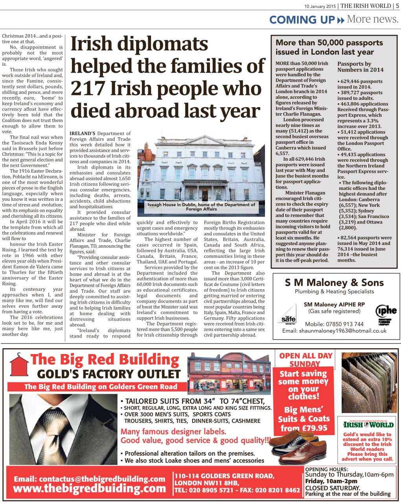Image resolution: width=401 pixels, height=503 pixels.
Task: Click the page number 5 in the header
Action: [x=397, y=6]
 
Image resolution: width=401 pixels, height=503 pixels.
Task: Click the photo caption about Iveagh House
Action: [x=201, y=207]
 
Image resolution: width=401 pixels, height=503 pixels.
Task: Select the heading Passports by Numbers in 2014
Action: [x=361, y=67]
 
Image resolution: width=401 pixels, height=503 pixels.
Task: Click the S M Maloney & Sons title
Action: [x=334, y=282]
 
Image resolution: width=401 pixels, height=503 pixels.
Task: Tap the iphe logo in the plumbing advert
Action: [x=386, y=312]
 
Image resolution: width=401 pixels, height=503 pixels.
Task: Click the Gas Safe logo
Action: [x=289, y=314]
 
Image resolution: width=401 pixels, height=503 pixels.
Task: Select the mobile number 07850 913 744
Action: [x=346, y=324]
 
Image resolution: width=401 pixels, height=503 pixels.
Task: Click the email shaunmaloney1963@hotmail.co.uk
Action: [x=334, y=331]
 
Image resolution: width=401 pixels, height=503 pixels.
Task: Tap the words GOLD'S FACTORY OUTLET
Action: [x=109, y=374]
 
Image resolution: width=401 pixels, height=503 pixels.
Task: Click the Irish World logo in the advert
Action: [x=368, y=425]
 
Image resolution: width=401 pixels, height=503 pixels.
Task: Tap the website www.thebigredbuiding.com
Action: [x=89, y=488]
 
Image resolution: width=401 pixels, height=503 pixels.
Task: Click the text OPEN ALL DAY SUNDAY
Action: [x=305, y=360]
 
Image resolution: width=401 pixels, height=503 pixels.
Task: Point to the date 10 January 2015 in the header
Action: [x=320, y=6]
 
